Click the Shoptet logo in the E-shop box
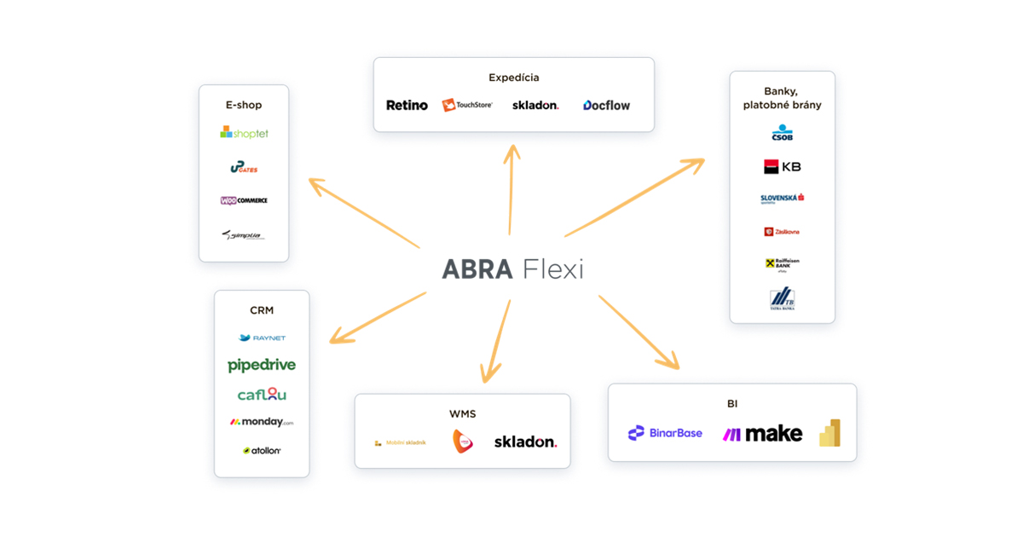coord(244,133)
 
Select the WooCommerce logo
coord(244,200)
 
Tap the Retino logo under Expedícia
coord(407,106)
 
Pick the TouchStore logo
coord(467,105)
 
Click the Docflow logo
coord(606,106)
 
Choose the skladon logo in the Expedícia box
coord(535,106)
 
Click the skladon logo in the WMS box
coord(525,442)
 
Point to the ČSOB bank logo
coord(782,134)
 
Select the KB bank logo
coord(782,166)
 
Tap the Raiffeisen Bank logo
coord(782,264)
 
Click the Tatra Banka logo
coord(782,299)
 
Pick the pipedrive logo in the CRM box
coord(262,365)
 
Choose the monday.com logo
coord(262,422)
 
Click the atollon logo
coord(262,450)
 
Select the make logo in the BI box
coord(762,434)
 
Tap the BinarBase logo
coord(665,433)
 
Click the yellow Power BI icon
coord(830,433)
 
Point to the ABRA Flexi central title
coord(512,269)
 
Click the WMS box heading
coord(462,414)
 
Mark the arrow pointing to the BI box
coord(639,332)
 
